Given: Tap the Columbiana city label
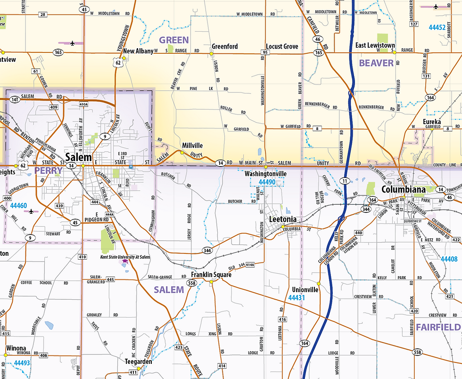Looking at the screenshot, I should click(x=403, y=190).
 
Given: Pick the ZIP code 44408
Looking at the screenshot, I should click(x=449, y=259).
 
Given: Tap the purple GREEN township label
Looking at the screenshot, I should click(x=173, y=40).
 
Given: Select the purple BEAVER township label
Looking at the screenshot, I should click(x=376, y=63).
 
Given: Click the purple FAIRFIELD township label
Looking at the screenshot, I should click(x=437, y=327).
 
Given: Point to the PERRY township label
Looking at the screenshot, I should click(x=49, y=170).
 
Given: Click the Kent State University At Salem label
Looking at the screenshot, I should click(x=125, y=257).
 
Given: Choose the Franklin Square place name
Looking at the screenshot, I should click(x=211, y=275).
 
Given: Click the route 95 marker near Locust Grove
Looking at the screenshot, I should click(x=265, y=52).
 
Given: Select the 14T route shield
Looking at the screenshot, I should click(x=15, y=100).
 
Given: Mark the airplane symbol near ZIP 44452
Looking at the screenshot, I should click(x=435, y=7).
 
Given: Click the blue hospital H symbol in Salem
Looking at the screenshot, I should click(x=131, y=166).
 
